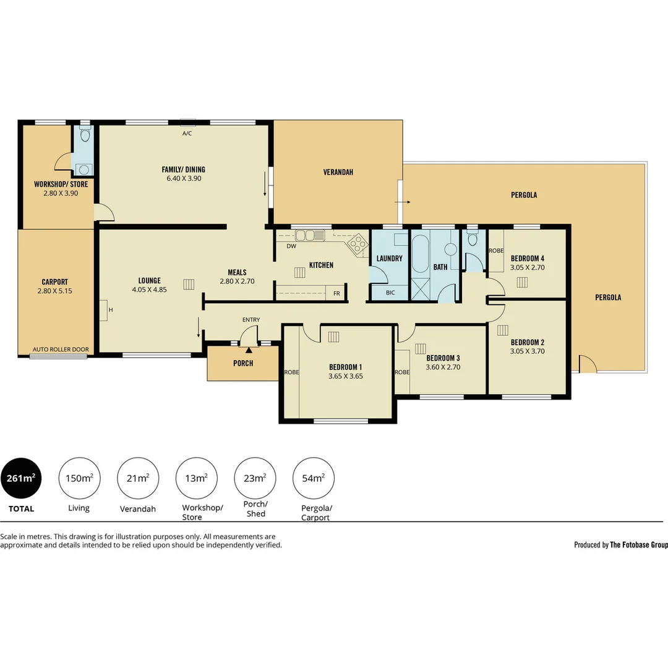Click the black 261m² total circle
(x=21, y=478)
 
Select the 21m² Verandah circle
(x=137, y=478)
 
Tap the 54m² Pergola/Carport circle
(x=314, y=478)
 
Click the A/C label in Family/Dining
(x=187, y=134)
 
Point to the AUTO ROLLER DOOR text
(x=61, y=349)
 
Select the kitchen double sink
(x=310, y=235)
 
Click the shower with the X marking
(x=420, y=289)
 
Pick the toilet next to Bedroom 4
(x=472, y=239)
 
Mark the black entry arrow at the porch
(x=249, y=350)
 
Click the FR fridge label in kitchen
(x=336, y=294)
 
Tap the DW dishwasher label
(x=291, y=246)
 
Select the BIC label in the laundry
(x=390, y=293)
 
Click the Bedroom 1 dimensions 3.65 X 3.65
(x=346, y=376)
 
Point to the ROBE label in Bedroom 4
(x=496, y=251)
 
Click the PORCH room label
(x=243, y=364)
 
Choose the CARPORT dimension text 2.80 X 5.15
(x=55, y=291)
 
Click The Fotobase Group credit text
(x=639, y=544)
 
